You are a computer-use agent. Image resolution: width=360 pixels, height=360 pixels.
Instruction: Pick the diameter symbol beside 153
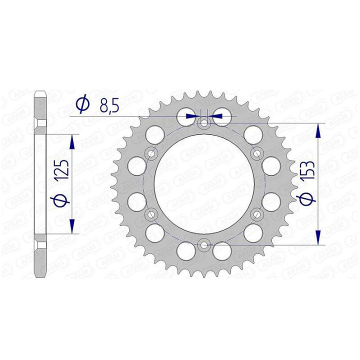pyautogui.click(x=307, y=199)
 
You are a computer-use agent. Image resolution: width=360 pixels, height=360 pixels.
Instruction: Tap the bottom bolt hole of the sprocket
pyautogui.click(x=203, y=244)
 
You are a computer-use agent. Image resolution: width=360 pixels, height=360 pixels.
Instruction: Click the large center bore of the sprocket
pyautogui.click(x=203, y=183)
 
